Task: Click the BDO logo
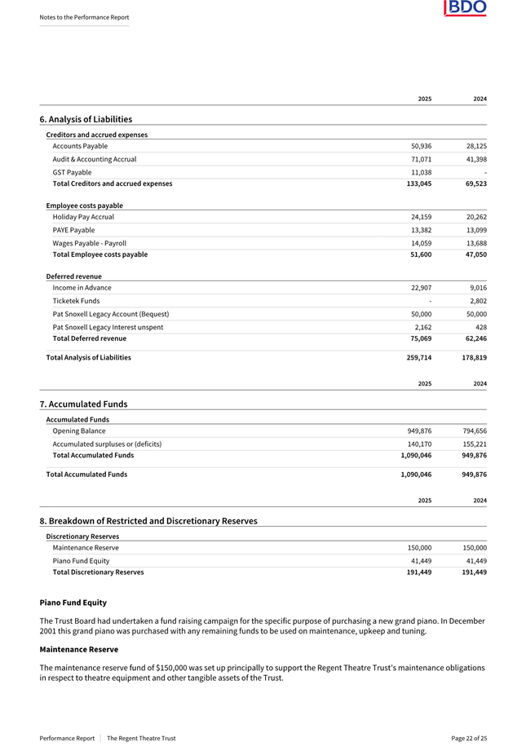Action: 465,8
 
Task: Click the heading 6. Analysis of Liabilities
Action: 86,119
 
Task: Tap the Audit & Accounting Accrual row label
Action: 94,159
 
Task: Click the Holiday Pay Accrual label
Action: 83,217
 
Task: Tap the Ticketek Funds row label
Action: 76,301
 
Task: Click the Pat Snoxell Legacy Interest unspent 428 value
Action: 480,327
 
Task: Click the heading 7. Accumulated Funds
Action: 83,404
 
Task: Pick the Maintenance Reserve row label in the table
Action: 85,548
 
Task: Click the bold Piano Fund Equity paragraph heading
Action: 73,603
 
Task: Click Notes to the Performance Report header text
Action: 84,17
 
